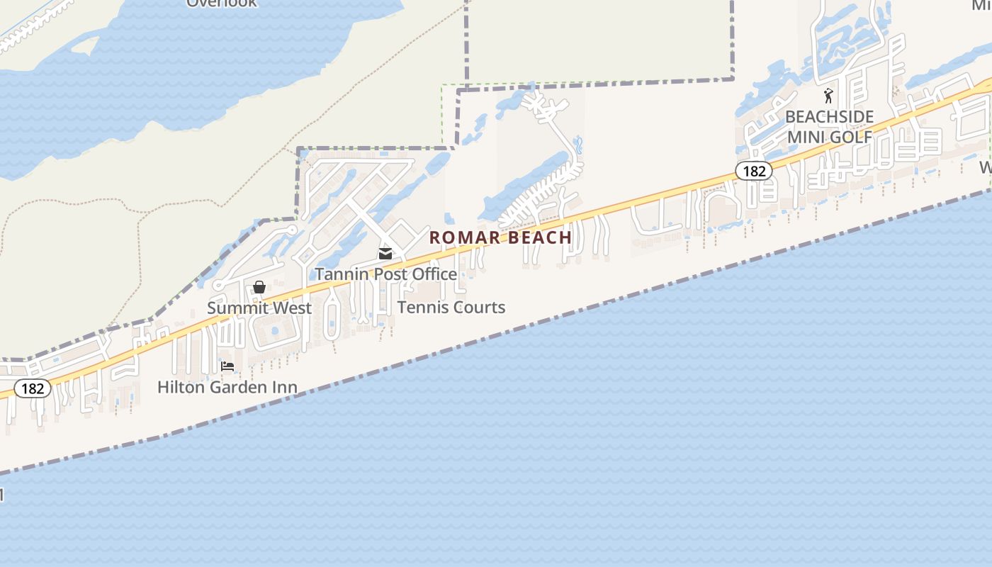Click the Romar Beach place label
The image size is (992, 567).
pos(500,237)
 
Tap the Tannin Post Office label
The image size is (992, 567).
pos(386,274)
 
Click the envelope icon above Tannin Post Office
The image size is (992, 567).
pos(385,254)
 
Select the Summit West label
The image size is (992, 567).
pos(259,308)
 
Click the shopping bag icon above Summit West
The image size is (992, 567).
pos(259,287)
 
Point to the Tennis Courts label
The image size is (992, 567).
pos(451,307)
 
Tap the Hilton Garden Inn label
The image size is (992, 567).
pos(227,387)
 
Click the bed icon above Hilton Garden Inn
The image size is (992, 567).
pos(227,366)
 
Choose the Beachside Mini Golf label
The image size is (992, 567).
pos(829,126)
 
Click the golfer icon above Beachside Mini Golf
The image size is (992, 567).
pos(828,96)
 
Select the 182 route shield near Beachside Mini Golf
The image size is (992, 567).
pos(753,171)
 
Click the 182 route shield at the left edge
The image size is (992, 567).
pos(33,388)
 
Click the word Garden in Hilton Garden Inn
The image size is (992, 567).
pos(238,387)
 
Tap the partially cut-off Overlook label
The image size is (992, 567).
pos(222,4)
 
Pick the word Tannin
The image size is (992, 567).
pos(340,274)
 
